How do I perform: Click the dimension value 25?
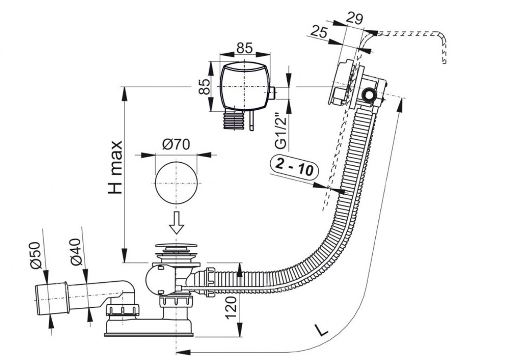point(319,31)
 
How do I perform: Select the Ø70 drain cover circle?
point(176,183)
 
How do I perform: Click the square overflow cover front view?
point(244,86)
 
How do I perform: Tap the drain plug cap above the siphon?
point(175,246)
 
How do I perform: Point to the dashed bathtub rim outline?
point(408,34)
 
